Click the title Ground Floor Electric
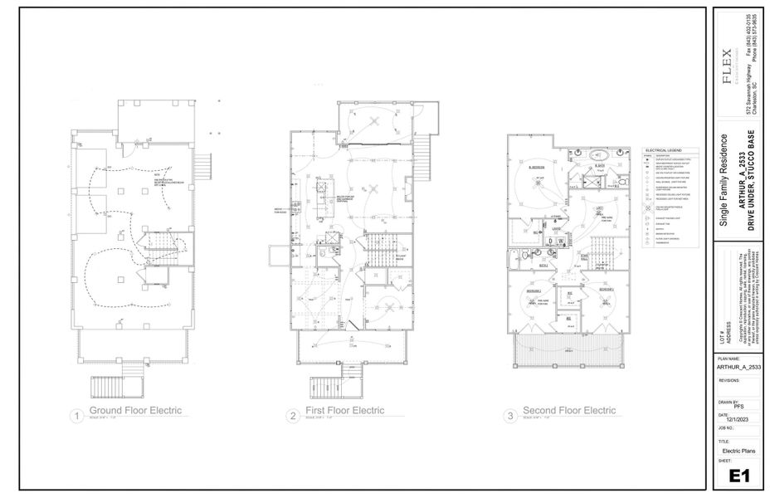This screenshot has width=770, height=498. pyautogui.click(x=136, y=411)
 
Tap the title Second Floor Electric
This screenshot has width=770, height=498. pyautogui.click(x=568, y=411)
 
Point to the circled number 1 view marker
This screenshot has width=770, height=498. pyautogui.click(x=76, y=416)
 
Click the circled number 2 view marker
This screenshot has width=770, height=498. pyautogui.click(x=292, y=416)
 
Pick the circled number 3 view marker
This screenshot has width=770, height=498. pyautogui.click(x=509, y=416)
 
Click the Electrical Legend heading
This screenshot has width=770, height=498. pyautogui.click(x=662, y=150)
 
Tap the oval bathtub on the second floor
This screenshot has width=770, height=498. pyautogui.click(x=599, y=155)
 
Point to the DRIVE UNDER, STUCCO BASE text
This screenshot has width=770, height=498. pyautogui.click(x=752, y=184)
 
